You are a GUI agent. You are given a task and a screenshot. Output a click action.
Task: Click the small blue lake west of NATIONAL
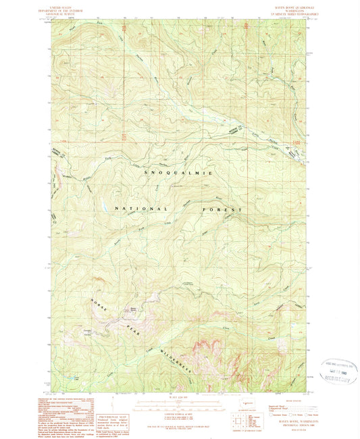[101, 202]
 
